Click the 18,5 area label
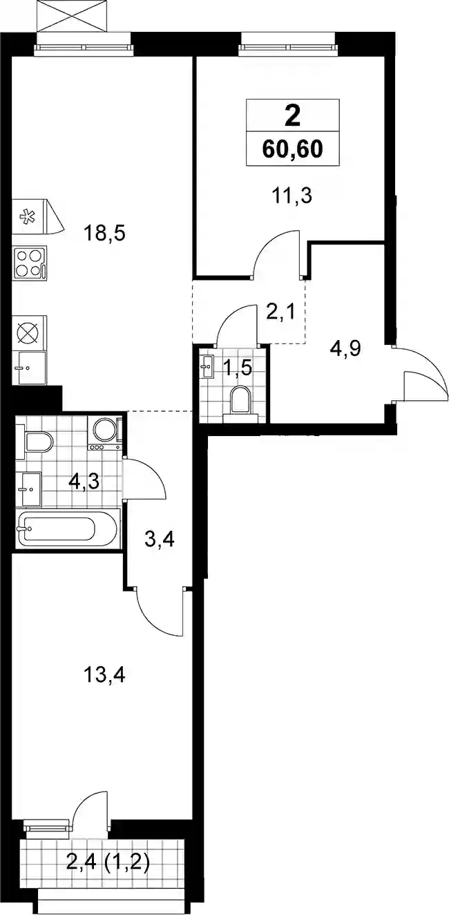tap(104, 234)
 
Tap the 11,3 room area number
tap(292, 196)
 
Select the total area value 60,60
tap(292, 149)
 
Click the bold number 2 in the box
tap(292, 116)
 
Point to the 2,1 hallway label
tap(280, 313)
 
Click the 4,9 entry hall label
tap(345, 350)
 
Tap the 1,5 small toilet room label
tap(237, 368)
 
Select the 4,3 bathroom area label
tap(84, 482)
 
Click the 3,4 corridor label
tap(160, 540)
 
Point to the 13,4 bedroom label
tap(104, 675)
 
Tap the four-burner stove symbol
tap(30, 263)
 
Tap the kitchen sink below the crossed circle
tap(30, 368)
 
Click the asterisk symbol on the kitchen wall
tap(28, 216)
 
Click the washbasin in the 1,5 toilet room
tap(208, 366)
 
